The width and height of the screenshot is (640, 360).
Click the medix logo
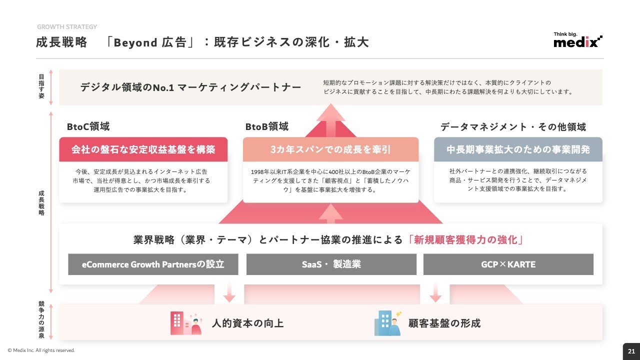pyautogui.click(x=577, y=39)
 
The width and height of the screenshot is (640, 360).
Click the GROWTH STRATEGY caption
pyautogui.click(x=67, y=27)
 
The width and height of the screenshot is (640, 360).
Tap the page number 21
pyautogui.click(x=631, y=351)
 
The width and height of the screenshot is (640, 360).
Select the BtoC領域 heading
pyautogui.click(x=88, y=126)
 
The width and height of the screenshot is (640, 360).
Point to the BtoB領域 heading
pyautogui.click(x=267, y=126)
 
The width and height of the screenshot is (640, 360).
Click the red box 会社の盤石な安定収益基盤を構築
pyautogui.click(x=143, y=149)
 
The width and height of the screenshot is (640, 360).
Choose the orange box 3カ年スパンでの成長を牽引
pyautogui.click(x=330, y=149)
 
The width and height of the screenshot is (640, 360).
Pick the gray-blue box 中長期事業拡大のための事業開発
pyautogui.click(x=518, y=149)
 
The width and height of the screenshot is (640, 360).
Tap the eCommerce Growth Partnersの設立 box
pyautogui.click(x=153, y=264)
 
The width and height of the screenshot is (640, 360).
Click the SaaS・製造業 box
pyautogui.click(x=331, y=264)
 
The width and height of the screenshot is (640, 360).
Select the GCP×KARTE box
pyautogui.click(x=508, y=264)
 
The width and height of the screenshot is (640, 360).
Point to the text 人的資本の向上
pyautogui.click(x=247, y=323)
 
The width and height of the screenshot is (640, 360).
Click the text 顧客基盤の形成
pyautogui.click(x=444, y=323)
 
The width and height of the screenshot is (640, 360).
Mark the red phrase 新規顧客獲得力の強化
pyautogui.click(x=465, y=239)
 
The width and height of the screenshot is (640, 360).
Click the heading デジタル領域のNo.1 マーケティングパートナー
pyautogui.click(x=190, y=87)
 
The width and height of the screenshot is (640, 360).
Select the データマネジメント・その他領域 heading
pyautogui.click(x=513, y=126)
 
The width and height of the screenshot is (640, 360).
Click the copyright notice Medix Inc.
pyautogui.click(x=41, y=350)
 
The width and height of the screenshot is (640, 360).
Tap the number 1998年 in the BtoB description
pyautogui.click(x=260, y=171)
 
